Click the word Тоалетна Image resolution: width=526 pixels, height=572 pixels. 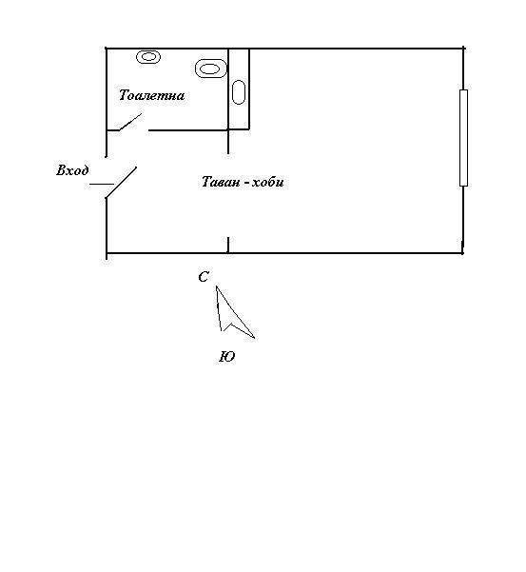[151, 95]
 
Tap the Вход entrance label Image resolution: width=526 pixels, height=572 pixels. [72, 170]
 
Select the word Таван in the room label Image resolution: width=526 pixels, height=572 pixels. [220, 182]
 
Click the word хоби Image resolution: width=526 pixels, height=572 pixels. [268, 181]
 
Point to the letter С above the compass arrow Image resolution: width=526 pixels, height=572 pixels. [204, 277]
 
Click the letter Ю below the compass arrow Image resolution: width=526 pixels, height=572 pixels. [226, 357]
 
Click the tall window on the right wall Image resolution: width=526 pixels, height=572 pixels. [463, 138]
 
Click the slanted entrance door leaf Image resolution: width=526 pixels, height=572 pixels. [121, 183]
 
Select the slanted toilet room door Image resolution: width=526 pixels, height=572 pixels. [130, 122]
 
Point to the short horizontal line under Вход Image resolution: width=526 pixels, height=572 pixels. [102, 185]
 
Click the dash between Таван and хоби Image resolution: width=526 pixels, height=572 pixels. [246, 183]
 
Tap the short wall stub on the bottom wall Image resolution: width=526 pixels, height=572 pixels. [228, 245]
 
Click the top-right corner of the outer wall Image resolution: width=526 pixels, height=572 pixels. [463, 49]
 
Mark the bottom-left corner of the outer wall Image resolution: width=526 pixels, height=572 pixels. [107, 252]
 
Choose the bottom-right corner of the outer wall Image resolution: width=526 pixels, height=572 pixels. [462, 252]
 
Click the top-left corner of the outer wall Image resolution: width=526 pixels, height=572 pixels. [107, 49]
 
